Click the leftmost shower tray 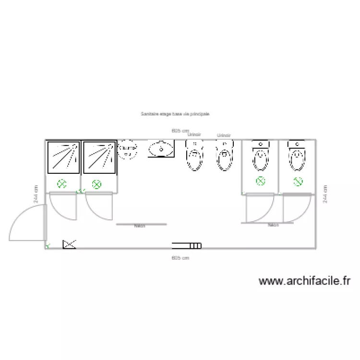[x=63, y=157]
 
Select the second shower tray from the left [x=99, y=157]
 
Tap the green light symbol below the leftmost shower [x=61, y=183]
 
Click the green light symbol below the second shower [x=96, y=183]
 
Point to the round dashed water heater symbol [x=128, y=149]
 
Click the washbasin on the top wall [x=161, y=149]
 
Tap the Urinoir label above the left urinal [x=194, y=135]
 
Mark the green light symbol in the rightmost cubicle [x=298, y=181]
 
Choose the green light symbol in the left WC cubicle [x=260, y=181]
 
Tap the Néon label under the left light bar [x=140, y=227]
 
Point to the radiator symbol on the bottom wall [x=187, y=245]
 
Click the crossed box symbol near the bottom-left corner [x=69, y=244]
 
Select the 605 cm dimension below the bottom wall [x=180, y=258]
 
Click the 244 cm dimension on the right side [x=326, y=194]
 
